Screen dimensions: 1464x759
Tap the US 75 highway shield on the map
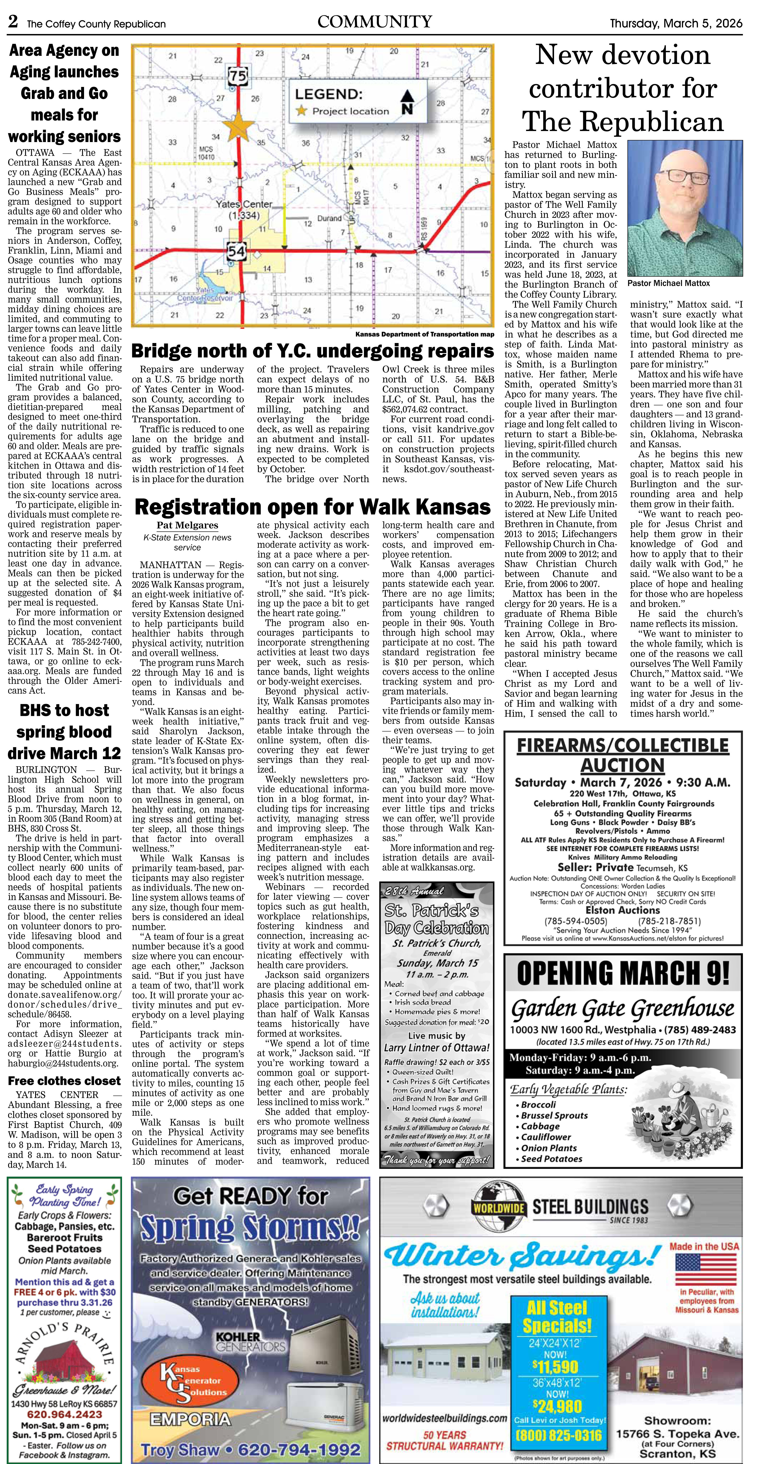pos(239,76)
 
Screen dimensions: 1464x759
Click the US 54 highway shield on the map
pos(236,251)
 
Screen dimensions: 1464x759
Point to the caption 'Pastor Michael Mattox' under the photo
pos(669,283)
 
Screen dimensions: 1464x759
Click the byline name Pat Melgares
pos(187,525)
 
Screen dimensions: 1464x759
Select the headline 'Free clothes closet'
pos(64,1081)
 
